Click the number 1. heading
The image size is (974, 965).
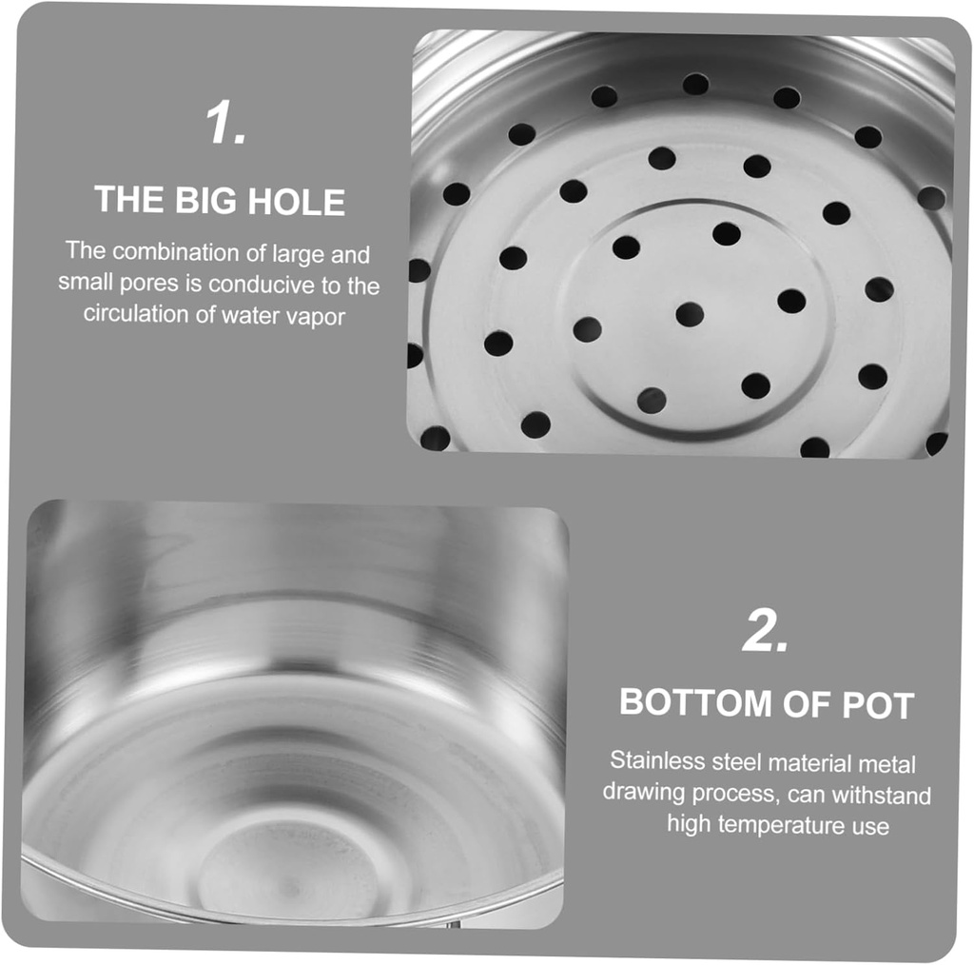click(226, 124)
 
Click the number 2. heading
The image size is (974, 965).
click(766, 631)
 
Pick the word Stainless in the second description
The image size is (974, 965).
click(657, 761)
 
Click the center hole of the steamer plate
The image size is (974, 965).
click(690, 314)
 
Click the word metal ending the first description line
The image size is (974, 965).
click(886, 762)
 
